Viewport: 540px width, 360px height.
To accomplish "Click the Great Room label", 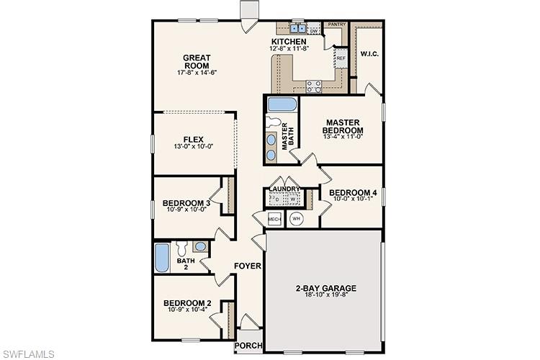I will click(196, 62).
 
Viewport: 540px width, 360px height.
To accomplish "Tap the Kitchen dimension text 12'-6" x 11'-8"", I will click(289, 49).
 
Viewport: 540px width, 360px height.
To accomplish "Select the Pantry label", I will click(337, 24).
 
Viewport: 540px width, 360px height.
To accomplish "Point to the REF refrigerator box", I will click(341, 58).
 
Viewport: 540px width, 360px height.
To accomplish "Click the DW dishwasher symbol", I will click(314, 31).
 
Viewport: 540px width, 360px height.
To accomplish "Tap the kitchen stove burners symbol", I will click(314, 86).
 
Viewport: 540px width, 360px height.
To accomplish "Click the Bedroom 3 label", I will click(186, 203).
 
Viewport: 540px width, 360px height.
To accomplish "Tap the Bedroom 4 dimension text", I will click(353, 201).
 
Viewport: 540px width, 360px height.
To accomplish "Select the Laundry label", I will click(285, 189).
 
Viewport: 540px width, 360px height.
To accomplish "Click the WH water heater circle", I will click(296, 219).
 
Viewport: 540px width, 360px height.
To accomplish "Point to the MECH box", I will click(274, 219).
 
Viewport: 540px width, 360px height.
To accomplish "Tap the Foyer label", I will click(247, 266).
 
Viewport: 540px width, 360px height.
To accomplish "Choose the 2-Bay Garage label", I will click(325, 288).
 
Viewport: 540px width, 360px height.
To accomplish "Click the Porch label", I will click(249, 346).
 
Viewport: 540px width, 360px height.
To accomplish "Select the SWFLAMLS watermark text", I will click(29, 353).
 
